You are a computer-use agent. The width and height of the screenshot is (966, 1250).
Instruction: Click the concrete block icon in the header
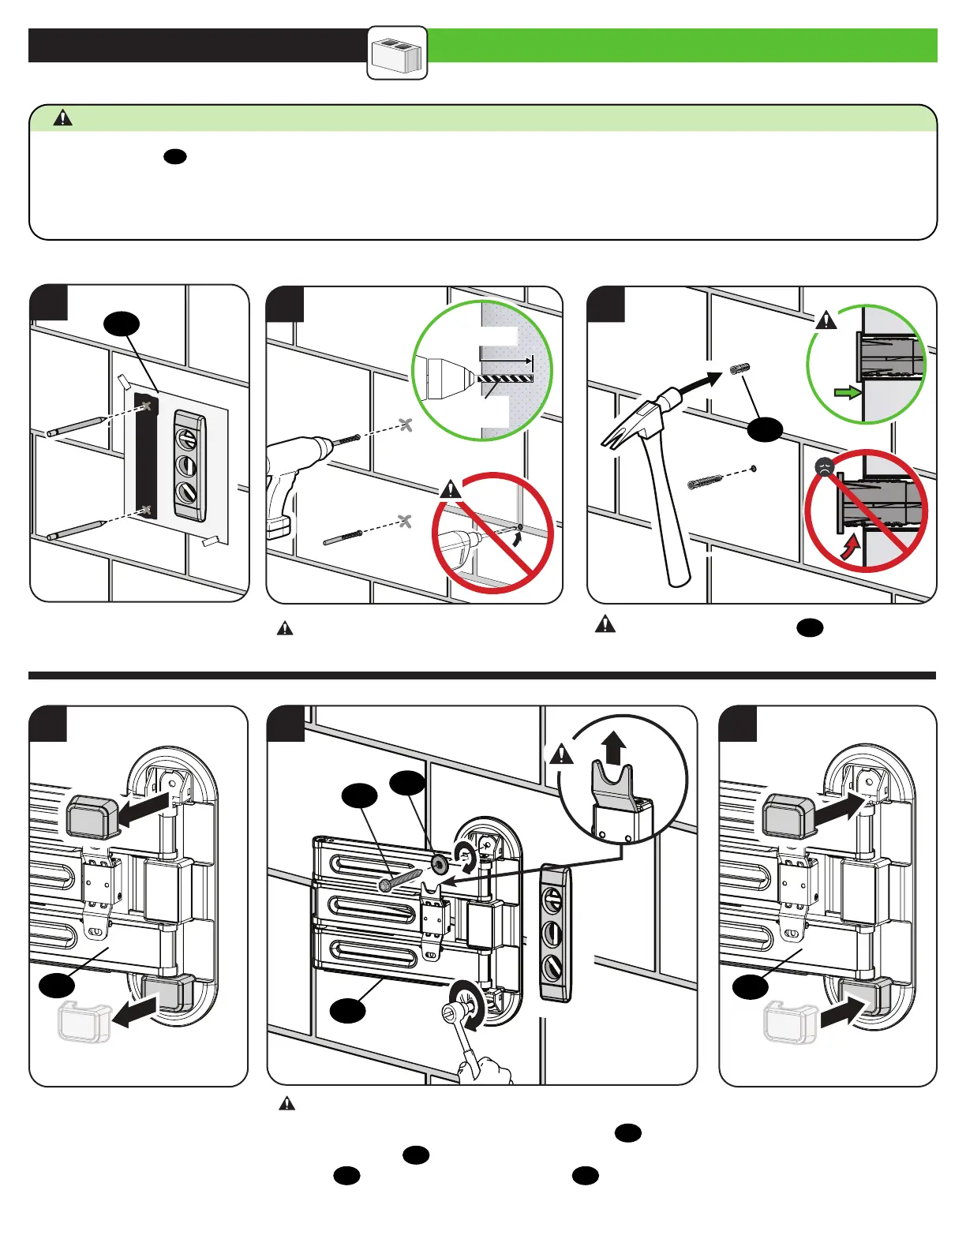tap(398, 54)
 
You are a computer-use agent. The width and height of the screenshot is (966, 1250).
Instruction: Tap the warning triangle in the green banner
tap(62, 118)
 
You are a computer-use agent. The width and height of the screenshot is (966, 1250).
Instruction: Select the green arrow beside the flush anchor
tap(847, 392)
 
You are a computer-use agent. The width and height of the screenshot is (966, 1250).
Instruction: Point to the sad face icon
tap(825, 466)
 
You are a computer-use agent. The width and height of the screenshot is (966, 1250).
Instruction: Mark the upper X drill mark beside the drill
tap(406, 425)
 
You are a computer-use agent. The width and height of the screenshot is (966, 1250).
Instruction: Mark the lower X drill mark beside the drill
tap(405, 521)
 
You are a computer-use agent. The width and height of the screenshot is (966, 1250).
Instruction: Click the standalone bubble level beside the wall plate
tap(556, 933)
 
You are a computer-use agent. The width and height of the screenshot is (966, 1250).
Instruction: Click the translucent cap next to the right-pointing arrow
tap(789, 1022)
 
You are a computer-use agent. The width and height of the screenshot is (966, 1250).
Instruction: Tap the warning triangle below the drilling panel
tap(285, 629)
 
